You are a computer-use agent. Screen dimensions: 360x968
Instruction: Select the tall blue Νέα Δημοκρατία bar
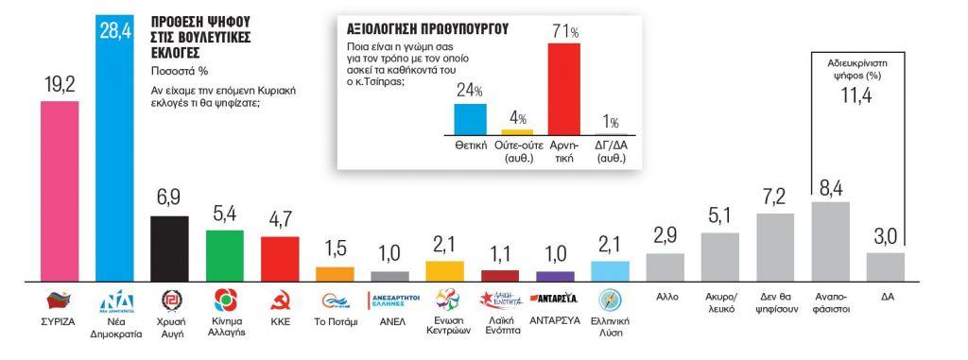coord(116,161)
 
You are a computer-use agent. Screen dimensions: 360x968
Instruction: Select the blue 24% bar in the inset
coord(470,118)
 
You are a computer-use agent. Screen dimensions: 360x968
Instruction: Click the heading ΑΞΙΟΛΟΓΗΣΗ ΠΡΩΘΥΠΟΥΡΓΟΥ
coord(426,29)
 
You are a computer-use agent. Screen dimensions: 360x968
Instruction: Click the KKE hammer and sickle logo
coord(280,301)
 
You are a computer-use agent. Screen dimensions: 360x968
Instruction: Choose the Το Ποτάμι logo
coord(335,301)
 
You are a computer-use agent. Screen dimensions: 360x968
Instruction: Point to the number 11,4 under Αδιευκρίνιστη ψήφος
coord(854,97)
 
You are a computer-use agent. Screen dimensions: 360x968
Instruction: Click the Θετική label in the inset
coord(470,146)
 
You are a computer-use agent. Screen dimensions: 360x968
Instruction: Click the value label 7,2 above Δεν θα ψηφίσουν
coord(775,197)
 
